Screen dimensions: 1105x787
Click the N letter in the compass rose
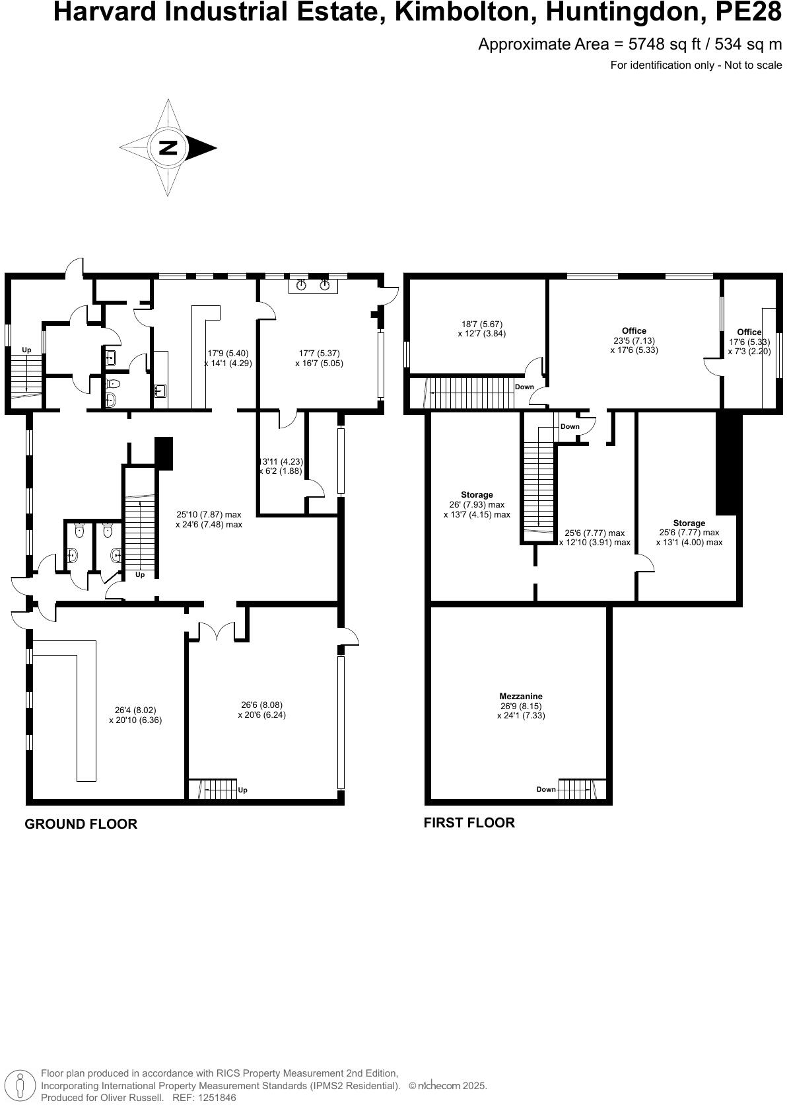coord(168,147)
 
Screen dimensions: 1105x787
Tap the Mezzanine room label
coord(521,696)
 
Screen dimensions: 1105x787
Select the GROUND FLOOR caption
coord(81,824)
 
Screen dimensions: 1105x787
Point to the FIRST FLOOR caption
coord(469,823)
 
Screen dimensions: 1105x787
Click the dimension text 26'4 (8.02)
coord(135,710)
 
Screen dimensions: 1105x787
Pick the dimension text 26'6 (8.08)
coord(261,705)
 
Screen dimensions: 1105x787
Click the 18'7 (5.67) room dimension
coord(481,324)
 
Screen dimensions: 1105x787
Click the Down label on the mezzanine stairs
coord(546,789)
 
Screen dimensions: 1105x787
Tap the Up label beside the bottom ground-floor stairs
coord(242,790)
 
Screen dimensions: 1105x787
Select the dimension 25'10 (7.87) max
coord(209,514)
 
